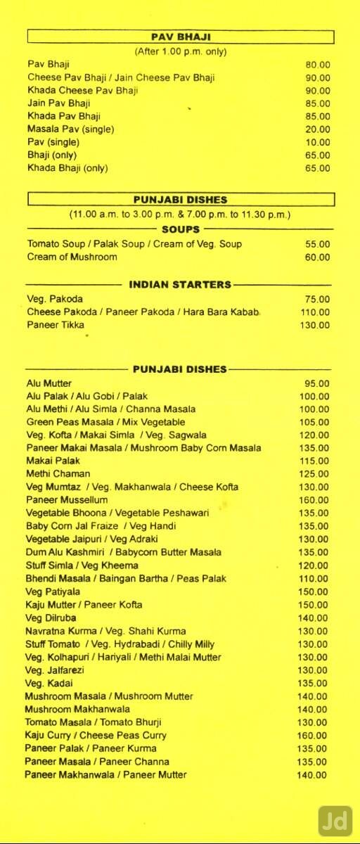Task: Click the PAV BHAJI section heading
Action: click(x=181, y=37)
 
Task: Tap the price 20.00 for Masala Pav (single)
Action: click(x=317, y=129)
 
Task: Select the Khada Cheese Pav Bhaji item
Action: click(x=82, y=91)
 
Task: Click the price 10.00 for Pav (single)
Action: click(x=317, y=142)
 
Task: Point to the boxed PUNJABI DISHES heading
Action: click(x=181, y=200)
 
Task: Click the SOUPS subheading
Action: click(x=181, y=229)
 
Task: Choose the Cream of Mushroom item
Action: click(x=72, y=257)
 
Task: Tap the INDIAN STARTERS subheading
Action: click(x=180, y=285)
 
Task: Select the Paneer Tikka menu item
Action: click(x=56, y=325)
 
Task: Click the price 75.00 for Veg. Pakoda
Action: click(x=317, y=300)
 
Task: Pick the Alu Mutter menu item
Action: click(x=49, y=383)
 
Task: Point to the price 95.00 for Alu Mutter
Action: click(x=317, y=383)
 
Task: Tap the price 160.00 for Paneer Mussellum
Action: click(x=315, y=500)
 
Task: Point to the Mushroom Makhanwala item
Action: click(x=77, y=709)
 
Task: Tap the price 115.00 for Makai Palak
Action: click(x=315, y=461)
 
